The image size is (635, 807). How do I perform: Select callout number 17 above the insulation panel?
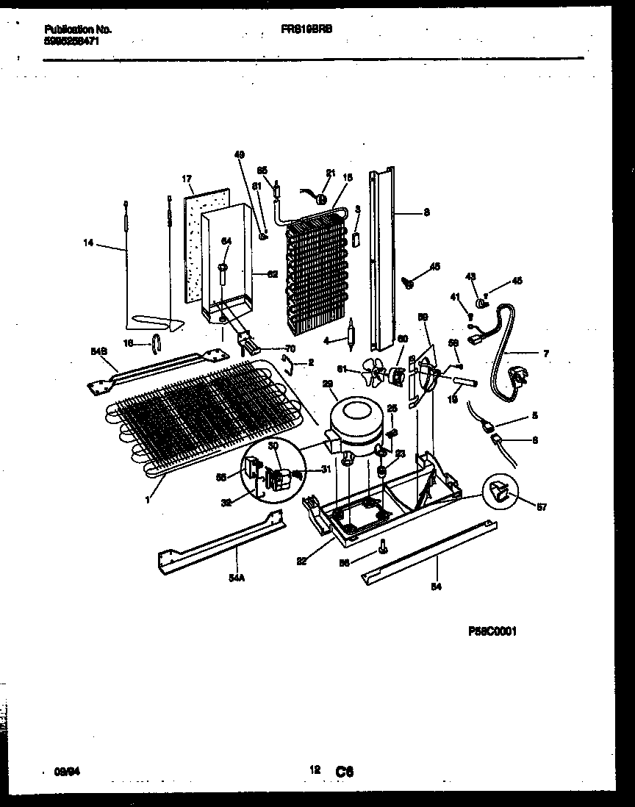coord(187,179)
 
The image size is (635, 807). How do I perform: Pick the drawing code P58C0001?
coord(492,631)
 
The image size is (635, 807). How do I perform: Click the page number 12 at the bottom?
coord(315,770)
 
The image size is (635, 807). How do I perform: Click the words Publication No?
coord(77,29)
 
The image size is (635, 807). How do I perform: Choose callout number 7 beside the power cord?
coord(545,354)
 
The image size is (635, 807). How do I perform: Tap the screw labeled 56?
coord(382,546)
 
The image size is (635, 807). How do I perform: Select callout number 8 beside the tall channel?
coord(427,213)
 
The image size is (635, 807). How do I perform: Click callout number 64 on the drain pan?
coord(226,241)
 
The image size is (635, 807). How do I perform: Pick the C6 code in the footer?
coord(345,772)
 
